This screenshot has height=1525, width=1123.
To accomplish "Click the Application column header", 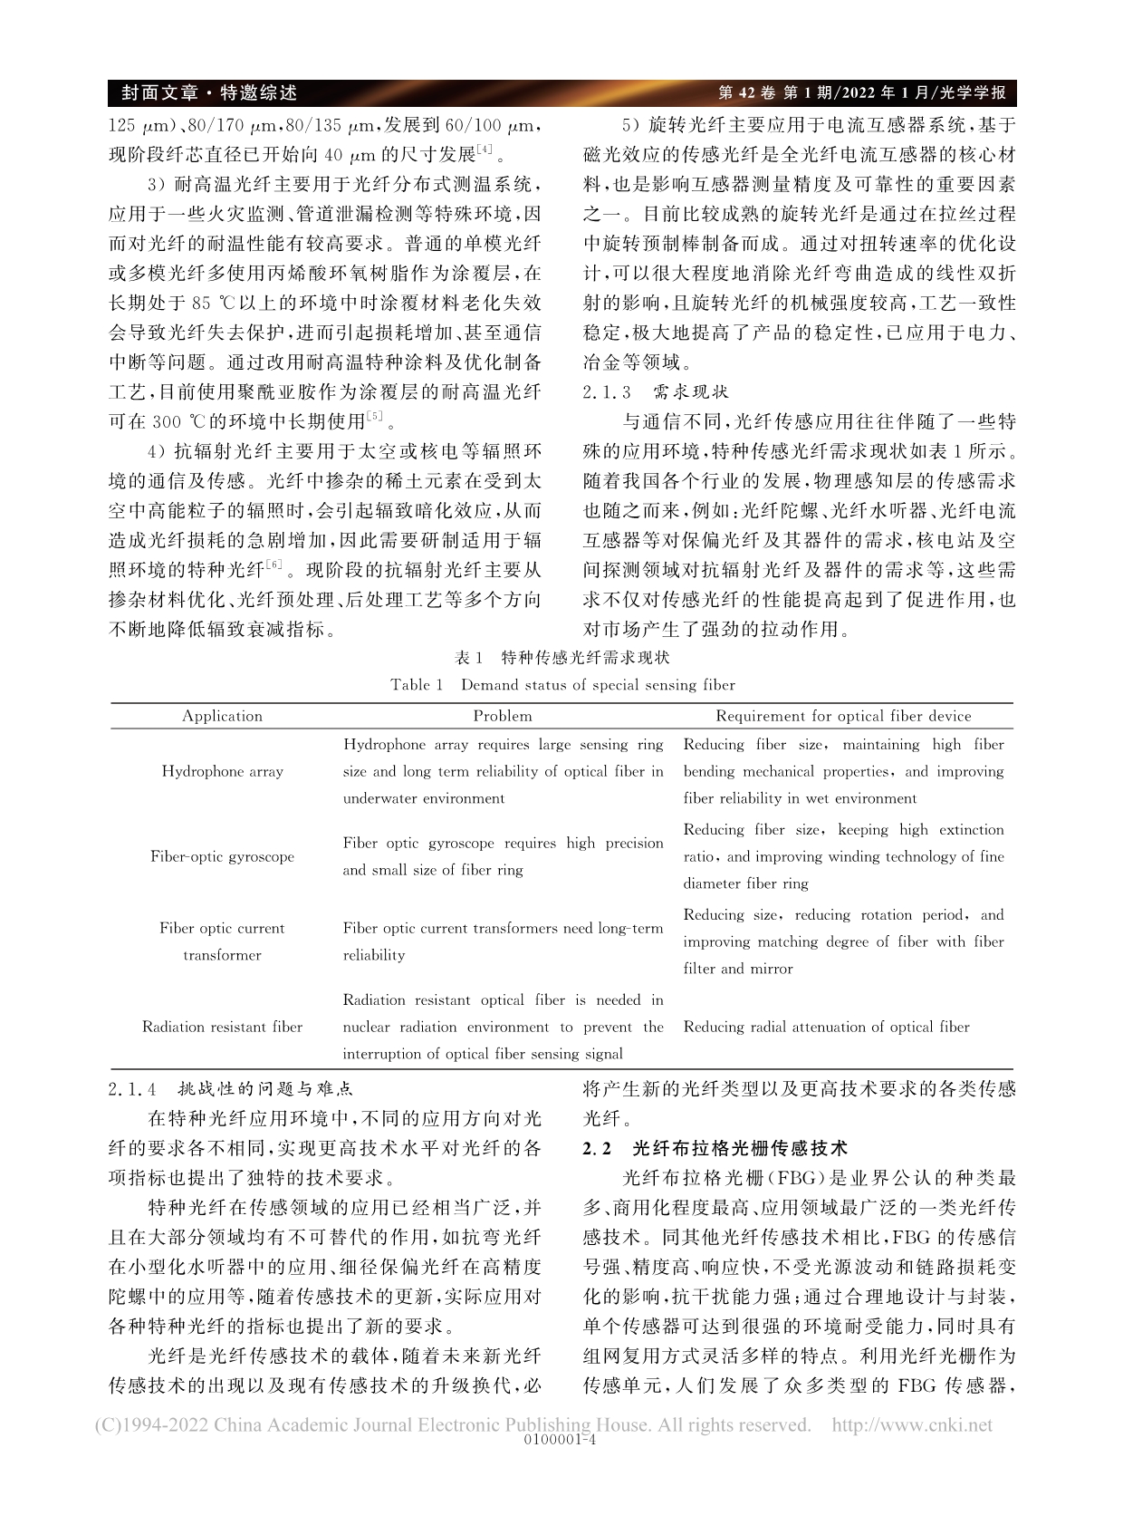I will [222, 716].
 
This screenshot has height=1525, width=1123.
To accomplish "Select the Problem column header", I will [503, 716].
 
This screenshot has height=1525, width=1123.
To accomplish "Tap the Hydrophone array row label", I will [222, 771].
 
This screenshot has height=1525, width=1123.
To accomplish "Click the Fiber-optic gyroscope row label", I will [222, 856].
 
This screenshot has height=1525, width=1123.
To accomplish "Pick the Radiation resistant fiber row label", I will [222, 1027].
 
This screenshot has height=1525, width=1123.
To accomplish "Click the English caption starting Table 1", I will [562, 685].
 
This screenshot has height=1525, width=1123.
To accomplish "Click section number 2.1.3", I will [609, 392].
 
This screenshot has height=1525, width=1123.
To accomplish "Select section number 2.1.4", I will [133, 1089].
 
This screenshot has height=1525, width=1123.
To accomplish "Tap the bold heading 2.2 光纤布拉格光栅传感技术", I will [715, 1148].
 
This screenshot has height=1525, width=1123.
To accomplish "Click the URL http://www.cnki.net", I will [912, 1424].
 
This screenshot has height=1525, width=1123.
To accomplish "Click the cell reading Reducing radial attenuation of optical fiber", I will [826, 1027].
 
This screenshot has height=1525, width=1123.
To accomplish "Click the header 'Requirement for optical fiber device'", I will [843, 716].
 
